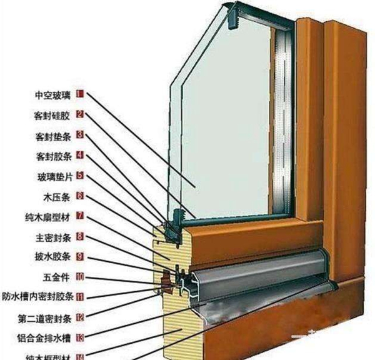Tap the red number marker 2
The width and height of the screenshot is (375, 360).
tap(80, 114)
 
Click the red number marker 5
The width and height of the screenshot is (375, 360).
tap(80, 176)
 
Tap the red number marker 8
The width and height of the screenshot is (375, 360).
tap(80, 237)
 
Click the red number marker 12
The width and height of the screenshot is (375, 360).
tap(80, 317)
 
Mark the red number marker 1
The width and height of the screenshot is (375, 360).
tap(80, 94)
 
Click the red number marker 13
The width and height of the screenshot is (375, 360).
tap(80, 337)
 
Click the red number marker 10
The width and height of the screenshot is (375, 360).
tap(80, 276)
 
